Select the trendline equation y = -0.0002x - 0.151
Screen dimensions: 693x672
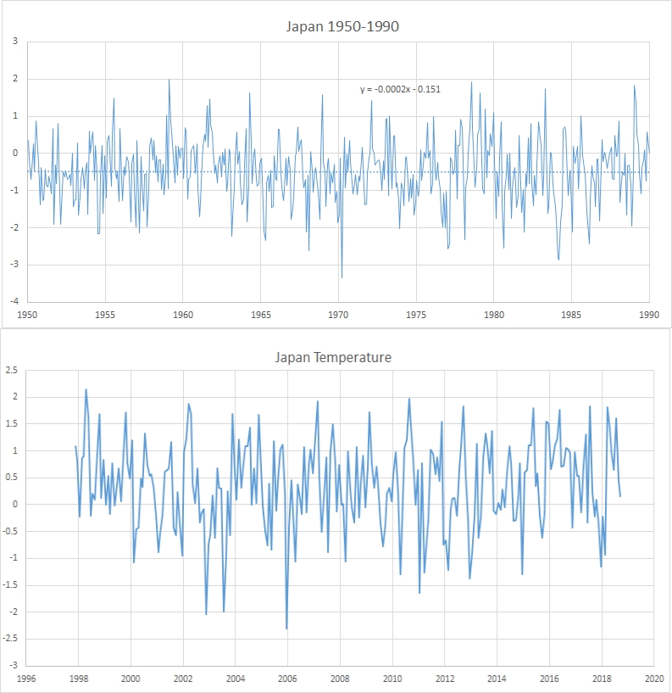point(401,89)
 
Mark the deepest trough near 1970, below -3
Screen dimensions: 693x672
point(342,277)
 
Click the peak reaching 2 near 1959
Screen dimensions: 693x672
point(169,80)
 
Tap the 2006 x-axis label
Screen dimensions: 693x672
point(287,679)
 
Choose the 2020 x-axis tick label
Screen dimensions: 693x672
point(653,679)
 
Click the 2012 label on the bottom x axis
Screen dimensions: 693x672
point(444,679)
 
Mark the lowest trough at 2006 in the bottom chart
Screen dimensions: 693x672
point(286,629)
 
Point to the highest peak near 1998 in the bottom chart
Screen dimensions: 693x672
point(86,389)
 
